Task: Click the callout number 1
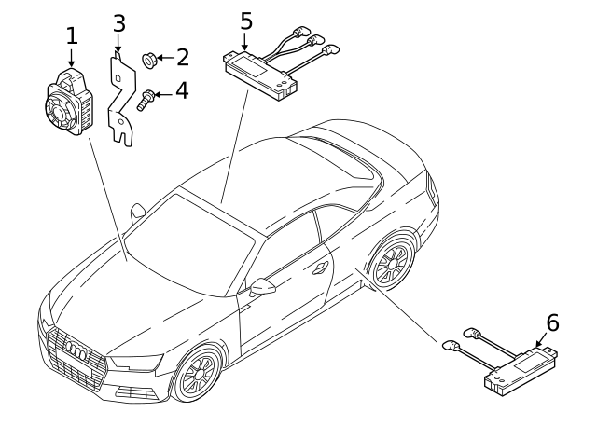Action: point(73,35)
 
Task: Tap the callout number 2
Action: point(182,58)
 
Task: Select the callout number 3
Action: point(118,22)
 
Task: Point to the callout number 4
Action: point(182,91)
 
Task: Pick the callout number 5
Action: point(245,20)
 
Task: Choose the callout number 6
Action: point(552,322)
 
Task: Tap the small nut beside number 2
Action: point(149,61)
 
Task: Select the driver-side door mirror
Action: point(263,288)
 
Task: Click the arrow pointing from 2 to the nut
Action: point(164,59)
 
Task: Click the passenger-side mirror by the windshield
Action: point(137,210)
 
